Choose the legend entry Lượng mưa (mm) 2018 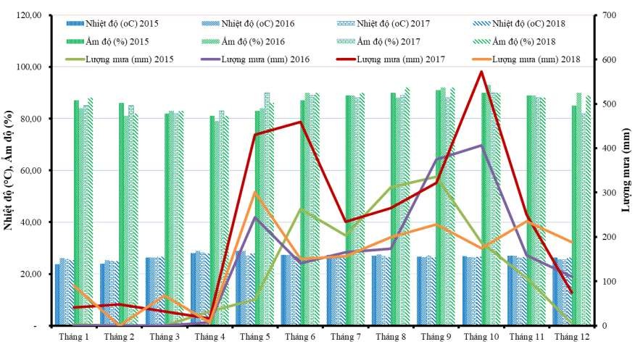pos(533,59)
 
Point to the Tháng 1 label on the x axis pos(75,337)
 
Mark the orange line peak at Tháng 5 pos(254,192)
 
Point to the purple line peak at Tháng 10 pos(481,146)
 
